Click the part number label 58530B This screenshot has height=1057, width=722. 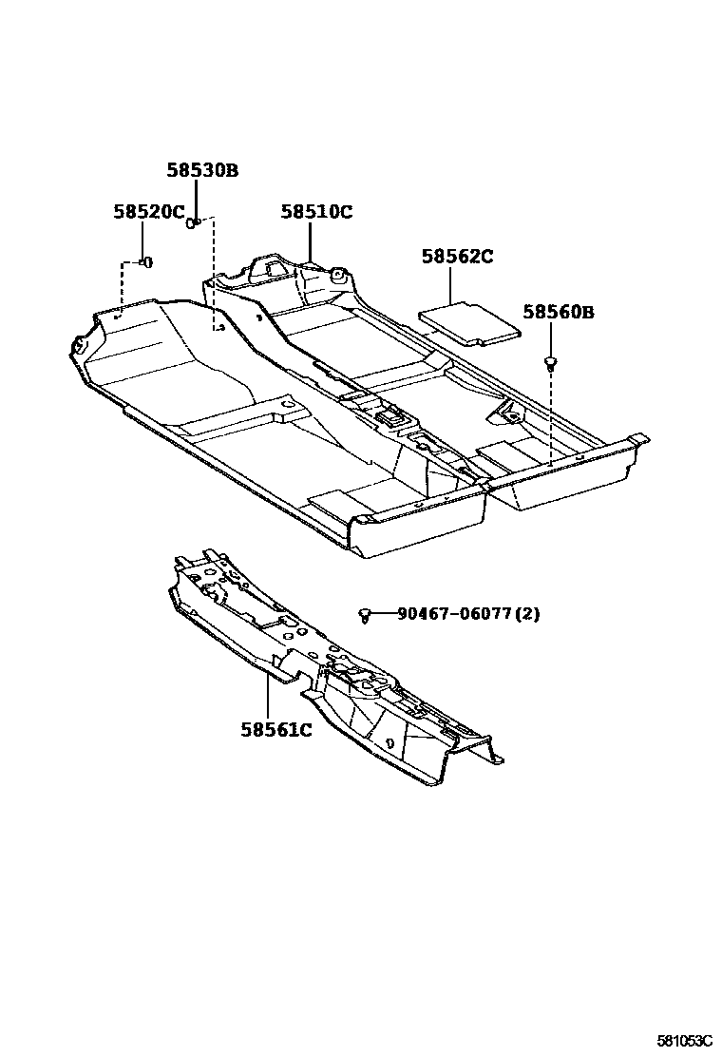coord(202,171)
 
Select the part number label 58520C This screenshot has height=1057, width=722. coord(149,212)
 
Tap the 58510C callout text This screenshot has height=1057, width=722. coord(315,212)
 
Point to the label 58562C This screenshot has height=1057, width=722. coord(458,257)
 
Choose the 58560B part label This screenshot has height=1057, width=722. coord(558,313)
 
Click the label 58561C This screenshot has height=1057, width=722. coord(275,730)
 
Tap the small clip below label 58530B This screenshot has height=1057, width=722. coord(191,223)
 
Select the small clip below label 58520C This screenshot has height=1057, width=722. coord(145,261)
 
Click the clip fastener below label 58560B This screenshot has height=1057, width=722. coord(550,362)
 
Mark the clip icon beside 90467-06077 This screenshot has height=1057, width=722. coord(365,616)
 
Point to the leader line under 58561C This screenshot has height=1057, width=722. coord(268,699)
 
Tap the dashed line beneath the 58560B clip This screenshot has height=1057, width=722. coord(551,409)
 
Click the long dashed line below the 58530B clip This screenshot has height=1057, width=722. coord(215,276)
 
